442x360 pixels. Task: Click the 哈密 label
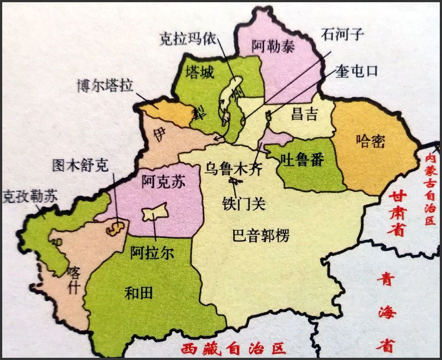coord(370,141)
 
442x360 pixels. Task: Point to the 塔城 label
coord(200,72)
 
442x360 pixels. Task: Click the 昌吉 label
coord(305,115)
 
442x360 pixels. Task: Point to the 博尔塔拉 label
coord(105,85)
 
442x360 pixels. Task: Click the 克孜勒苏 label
coord(30,197)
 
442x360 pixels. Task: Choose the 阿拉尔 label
coord(152,253)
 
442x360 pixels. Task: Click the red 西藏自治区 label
coord(233,349)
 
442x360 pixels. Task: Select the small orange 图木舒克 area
coord(115,228)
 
